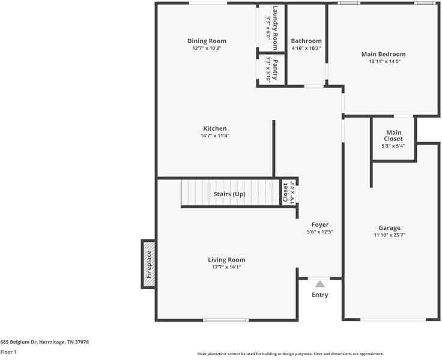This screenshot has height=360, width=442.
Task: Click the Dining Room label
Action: tap(207, 41)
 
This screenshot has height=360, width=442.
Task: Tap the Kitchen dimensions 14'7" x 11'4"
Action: tap(215, 136)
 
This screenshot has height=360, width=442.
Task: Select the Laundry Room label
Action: tap(275, 28)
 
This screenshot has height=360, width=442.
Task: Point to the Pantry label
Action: tap(275, 69)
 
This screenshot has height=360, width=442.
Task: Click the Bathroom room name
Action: tap(306, 41)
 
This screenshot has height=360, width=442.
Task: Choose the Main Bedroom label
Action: tap(383, 54)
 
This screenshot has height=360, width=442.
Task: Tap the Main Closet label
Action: tap(393, 136)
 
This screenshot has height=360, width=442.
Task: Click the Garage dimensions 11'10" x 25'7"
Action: tap(389, 235)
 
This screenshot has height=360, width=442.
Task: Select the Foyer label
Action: tap(320, 224)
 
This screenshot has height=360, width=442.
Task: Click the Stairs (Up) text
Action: tap(229, 194)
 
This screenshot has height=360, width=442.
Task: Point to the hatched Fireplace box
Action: tap(148, 264)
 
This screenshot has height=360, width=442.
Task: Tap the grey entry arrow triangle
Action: tap(320, 284)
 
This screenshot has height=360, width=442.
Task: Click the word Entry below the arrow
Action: tap(320, 295)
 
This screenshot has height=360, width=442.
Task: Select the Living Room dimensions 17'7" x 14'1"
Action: tap(226, 267)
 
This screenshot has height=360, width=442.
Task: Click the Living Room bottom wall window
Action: tap(226, 320)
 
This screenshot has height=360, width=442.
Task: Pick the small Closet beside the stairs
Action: tap(288, 193)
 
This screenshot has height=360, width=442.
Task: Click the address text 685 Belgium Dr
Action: tap(19, 342)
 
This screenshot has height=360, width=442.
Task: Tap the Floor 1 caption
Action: tap(8, 352)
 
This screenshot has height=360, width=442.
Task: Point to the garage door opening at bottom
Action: tap(393, 320)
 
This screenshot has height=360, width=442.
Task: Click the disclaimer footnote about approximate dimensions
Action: tap(290, 354)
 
